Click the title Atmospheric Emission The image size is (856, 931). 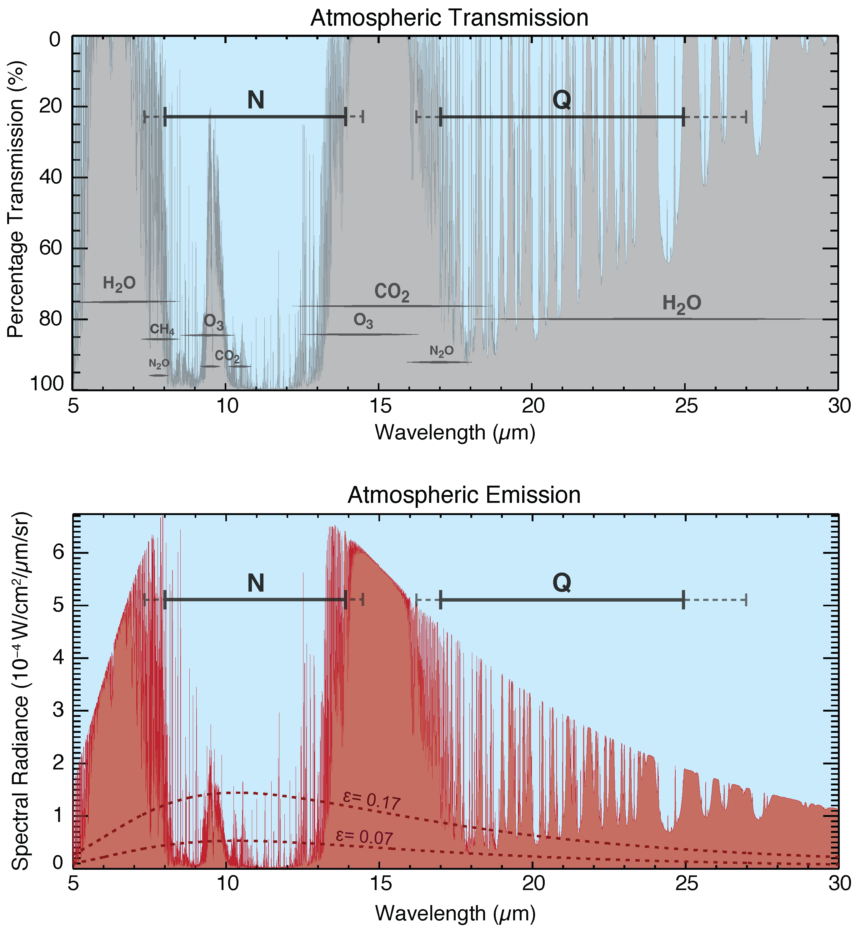pyautogui.click(x=464, y=495)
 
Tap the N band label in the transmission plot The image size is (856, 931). pyautogui.click(x=256, y=100)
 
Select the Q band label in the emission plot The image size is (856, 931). pyautogui.click(x=561, y=583)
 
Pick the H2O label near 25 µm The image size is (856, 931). pyautogui.click(x=681, y=304)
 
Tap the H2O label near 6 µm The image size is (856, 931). pyautogui.click(x=119, y=283)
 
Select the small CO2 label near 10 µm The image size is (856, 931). pyautogui.click(x=227, y=356)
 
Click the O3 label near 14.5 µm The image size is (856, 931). pyautogui.click(x=363, y=321)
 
